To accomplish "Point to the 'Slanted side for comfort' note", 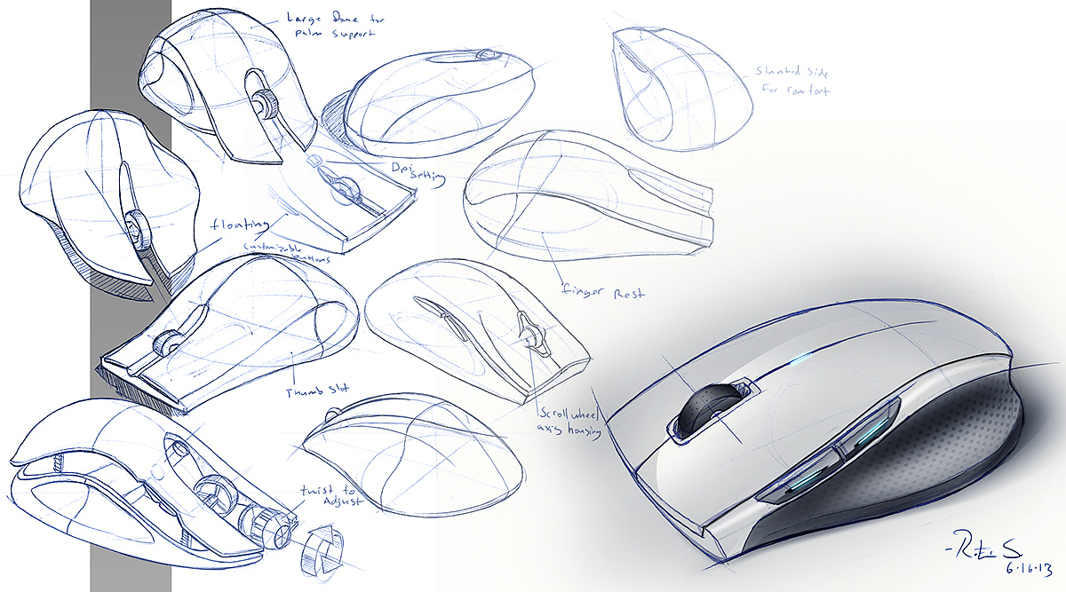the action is [x=792, y=81].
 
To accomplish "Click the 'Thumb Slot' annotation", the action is [x=318, y=391].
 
